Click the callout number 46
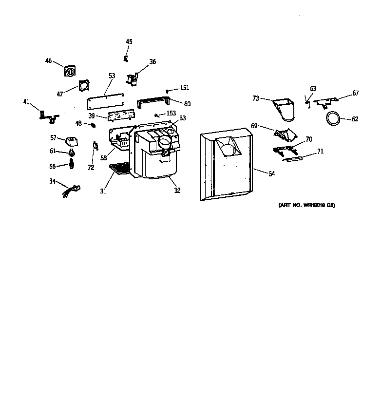48,61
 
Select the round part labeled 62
332,117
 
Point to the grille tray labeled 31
119,168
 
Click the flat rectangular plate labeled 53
105,100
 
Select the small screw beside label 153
156,115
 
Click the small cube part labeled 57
72,142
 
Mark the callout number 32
177,191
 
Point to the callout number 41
26,102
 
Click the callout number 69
254,126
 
